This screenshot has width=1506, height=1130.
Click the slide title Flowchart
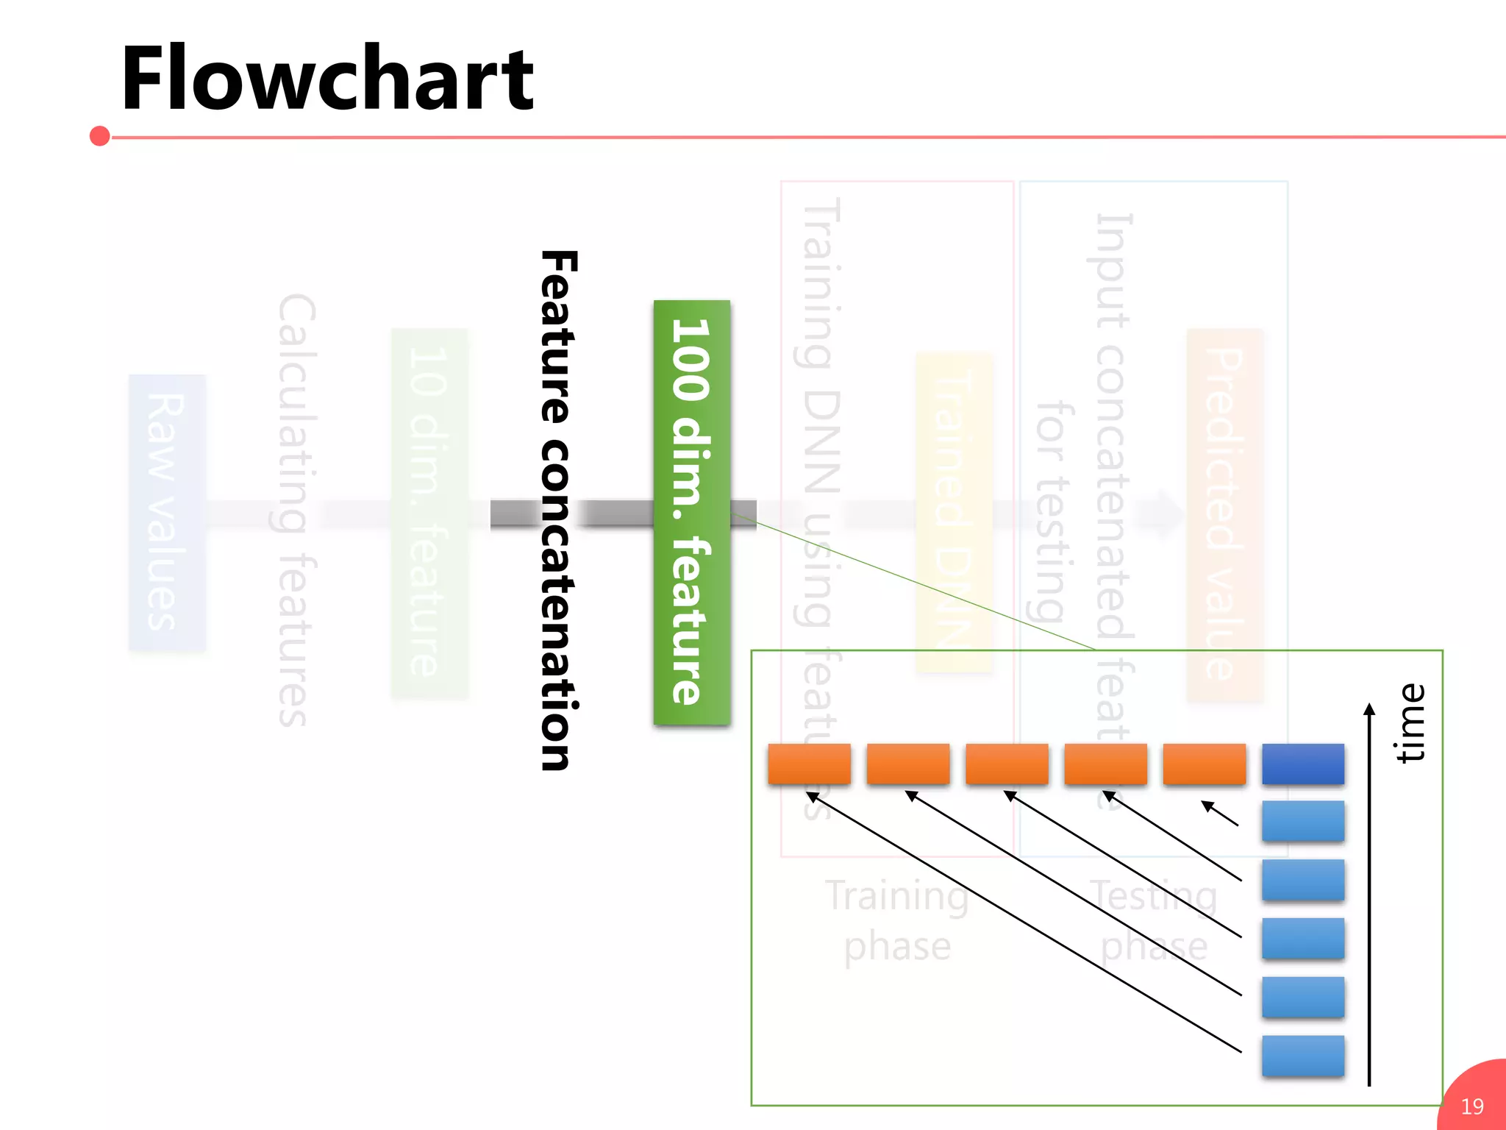(x=327, y=79)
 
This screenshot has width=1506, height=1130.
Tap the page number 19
(x=1472, y=1106)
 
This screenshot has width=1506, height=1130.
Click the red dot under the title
(x=99, y=136)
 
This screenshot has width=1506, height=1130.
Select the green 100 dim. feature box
(x=691, y=512)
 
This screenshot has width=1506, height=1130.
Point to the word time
(x=1410, y=722)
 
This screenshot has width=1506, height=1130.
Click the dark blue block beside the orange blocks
(x=1302, y=764)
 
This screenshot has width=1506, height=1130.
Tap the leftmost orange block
(x=809, y=764)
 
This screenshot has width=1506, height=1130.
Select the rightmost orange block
(x=1204, y=764)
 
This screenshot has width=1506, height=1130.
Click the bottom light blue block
(x=1302, y=1056)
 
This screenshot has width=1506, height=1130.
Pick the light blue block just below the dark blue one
(x=1302, y=821)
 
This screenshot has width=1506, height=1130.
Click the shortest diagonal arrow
(x=1220, y=813)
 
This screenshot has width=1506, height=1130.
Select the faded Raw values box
(x=167, y=512)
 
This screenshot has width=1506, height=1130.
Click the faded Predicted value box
(x=1224, y=514)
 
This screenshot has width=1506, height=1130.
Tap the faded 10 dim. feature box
(x=429, y=512)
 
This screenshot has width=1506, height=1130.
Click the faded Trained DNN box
(x=954, y=512)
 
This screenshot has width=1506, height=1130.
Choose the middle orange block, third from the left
(x=1006, y=764)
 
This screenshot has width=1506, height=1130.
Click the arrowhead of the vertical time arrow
(x=1368, y=709)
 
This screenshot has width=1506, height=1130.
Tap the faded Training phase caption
(x=897, y=920)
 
